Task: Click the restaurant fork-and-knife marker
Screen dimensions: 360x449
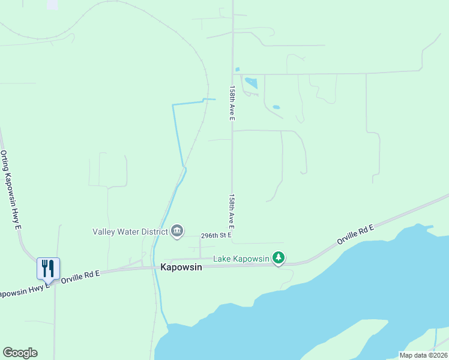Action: click(x=48, y=268)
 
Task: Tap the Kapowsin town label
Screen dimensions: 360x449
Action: click(x=181, y=268)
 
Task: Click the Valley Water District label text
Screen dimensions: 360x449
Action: click(x=130, y=232)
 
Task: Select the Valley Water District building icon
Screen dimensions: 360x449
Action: click(x=177, y=232)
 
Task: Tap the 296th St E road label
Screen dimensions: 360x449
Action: click(x=216, y=236)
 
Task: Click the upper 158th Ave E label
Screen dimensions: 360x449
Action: click(x=232, y=103)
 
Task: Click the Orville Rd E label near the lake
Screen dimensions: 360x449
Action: click(x=355, y=233)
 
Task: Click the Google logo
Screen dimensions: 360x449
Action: click(x=20, y=353)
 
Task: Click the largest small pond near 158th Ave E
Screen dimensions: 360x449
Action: click(x=251, y=83)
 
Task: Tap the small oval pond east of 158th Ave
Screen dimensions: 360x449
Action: click(x=276, y=107)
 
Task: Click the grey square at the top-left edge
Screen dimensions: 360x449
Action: click(x=52, y=4)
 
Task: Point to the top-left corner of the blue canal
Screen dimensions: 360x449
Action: click(x=173, y=106)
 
